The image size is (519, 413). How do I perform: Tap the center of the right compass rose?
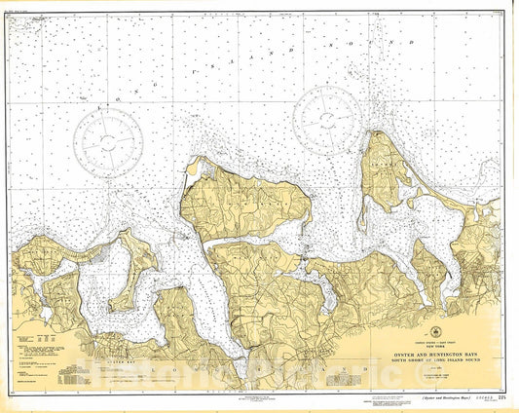coord(328,119)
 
